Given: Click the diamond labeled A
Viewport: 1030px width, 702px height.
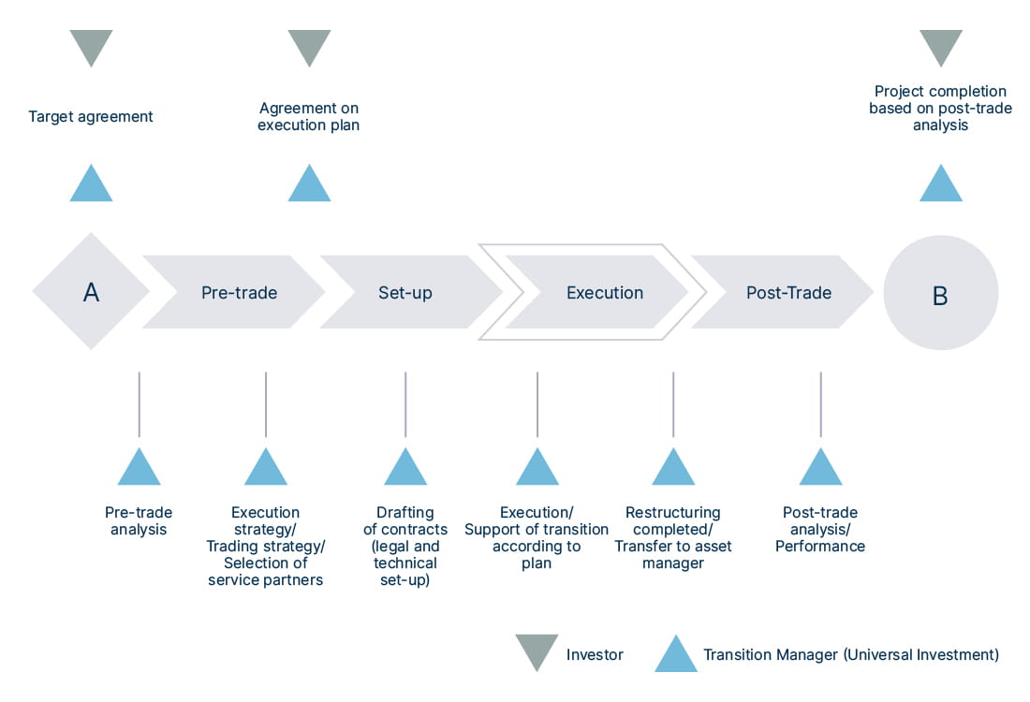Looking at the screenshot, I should click(x=91, y=292).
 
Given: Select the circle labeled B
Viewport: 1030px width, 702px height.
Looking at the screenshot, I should click(x=940, y=293).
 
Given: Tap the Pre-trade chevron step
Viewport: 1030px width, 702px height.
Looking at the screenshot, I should click(x=239, y=292).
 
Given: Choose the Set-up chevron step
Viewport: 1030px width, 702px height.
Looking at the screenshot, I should click(x=405, y=292).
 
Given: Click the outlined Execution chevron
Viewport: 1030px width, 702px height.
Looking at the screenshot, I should click(x=604, y=292).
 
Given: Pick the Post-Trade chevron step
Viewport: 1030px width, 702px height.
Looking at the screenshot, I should click(x=788, y=292).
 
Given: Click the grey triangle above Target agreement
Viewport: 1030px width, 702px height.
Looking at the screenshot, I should click(x=91, y=45).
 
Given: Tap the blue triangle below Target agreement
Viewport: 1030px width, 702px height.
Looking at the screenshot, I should click(x=91, y=185).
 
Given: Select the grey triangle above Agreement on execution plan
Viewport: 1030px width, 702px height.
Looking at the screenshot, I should click(x=309, y=45).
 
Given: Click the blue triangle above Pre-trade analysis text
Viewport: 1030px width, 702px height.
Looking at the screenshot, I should click(x=139, y=469).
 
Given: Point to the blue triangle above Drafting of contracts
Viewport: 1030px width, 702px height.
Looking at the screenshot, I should click(x=405, y=469).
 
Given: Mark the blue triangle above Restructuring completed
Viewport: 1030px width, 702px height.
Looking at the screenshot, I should click(x=673, y=469).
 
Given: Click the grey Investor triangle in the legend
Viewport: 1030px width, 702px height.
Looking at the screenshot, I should click(x=537, y=651).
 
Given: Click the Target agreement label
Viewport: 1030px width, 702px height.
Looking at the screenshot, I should click(x=91, y=117).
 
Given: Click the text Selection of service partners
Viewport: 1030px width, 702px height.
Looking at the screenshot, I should click(x=265, y=571).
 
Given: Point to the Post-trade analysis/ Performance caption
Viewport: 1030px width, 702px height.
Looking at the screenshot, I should click(x=820, y=529).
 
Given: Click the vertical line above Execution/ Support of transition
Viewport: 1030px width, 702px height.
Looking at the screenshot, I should click(x=537, y=404).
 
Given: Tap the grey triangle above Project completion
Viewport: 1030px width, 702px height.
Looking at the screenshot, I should click(x=940, y=45).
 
